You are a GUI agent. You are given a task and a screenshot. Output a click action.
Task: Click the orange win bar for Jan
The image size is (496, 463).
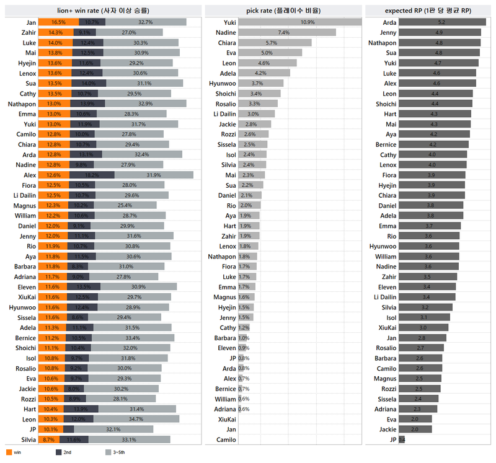(x=58, y=22)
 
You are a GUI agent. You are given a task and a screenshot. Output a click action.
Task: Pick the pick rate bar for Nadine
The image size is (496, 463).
(x=287, y=32)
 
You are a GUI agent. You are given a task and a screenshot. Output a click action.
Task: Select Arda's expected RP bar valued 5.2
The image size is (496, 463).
(x=441, y=22)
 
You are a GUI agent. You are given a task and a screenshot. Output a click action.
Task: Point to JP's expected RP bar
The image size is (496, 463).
(x=402, y=439)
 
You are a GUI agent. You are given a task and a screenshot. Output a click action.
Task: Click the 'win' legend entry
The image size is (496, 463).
(x=17, y=452)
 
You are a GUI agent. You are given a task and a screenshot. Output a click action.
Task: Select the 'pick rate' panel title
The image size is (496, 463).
(x=283, y=10)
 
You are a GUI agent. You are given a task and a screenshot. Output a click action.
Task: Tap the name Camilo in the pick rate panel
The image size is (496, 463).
(x=225, y=439)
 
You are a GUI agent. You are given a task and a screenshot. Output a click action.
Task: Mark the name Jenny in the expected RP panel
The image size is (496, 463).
(x=388, y=32)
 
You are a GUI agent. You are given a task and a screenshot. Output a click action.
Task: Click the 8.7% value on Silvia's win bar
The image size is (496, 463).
(x=47, y=439)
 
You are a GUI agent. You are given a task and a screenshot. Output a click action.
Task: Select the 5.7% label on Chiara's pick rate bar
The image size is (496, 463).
(x=271, y=43)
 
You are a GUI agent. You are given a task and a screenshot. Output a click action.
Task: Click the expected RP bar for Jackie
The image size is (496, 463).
(x=415, y=429)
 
